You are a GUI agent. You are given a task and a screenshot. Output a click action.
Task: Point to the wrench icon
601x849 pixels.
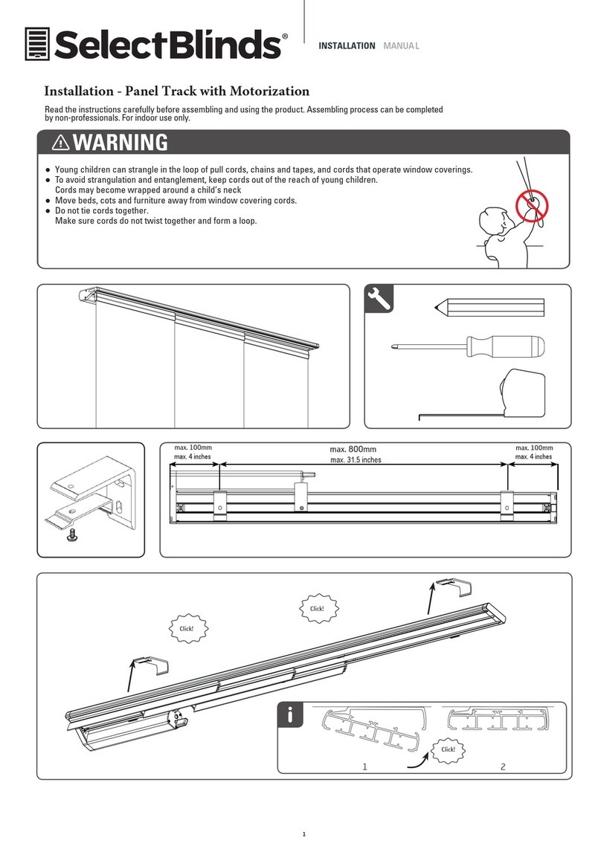pos(379,299)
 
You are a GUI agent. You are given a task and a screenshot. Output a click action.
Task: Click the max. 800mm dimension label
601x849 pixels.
pos(353,449)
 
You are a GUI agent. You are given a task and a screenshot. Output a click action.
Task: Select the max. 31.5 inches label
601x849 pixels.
pos(355,460)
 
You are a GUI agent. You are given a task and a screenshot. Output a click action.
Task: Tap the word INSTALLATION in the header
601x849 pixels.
pos(347,46)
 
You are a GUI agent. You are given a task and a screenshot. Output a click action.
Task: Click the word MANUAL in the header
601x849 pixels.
pos(401,46)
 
